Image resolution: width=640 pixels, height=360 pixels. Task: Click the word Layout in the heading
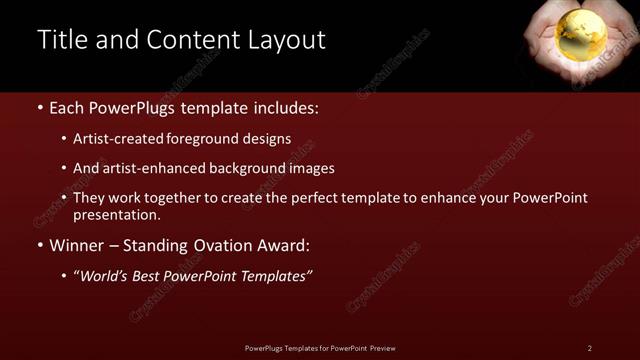(x=286, y=40)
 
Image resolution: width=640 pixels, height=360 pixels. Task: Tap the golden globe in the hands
(x=581, y=37)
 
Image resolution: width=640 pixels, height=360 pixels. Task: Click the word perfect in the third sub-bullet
(x=319, y=198)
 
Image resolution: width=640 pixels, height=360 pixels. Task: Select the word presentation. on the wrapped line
(x=116, y=215)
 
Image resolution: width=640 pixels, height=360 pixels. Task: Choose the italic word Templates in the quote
(x=275, y=275)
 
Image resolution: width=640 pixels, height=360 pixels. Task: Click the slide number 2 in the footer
(x=589, y=348)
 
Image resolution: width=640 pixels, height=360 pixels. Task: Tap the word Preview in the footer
(x=380, y=348)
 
